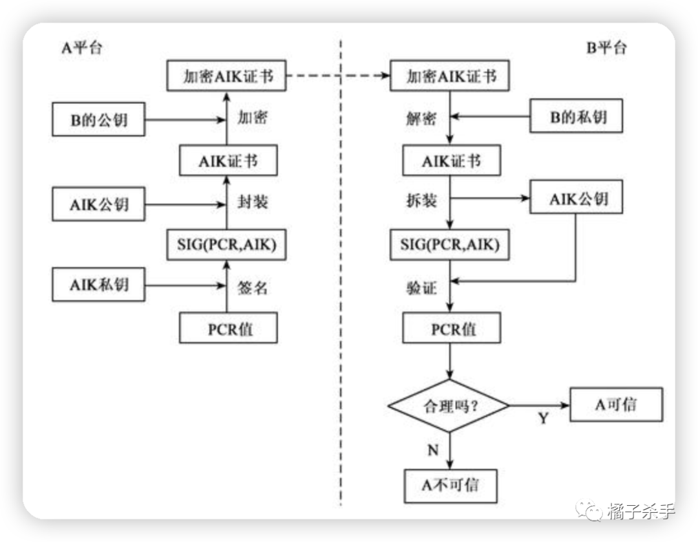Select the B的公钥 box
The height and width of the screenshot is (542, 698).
(98, 121)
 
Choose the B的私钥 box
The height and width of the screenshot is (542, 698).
(578, 117)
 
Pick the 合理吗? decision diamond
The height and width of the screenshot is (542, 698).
(449, 406)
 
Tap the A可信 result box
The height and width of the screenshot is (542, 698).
(616, 405)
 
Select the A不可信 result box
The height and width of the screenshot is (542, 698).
(450, 485)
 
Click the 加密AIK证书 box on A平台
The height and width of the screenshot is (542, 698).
(227, 76)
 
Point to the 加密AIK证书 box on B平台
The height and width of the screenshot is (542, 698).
(451, 76)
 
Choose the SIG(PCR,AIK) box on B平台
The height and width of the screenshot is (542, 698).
(450, 244)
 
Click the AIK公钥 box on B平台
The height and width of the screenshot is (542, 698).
(578, 199)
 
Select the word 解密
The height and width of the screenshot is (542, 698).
(421, 119)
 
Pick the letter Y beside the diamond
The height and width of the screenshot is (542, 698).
(543, 419)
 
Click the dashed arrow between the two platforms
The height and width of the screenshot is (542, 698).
(339, 76)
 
